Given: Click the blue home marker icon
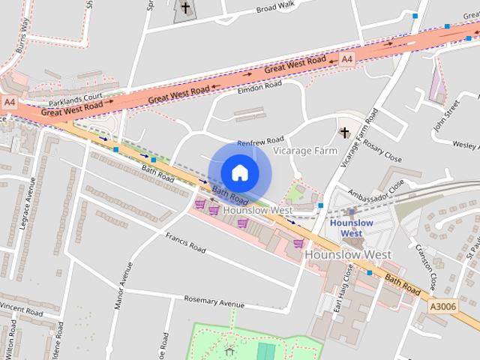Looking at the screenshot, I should coord(239,173).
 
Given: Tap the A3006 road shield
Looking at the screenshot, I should coord(442,305).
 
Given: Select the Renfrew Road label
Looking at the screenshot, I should coord(260,141).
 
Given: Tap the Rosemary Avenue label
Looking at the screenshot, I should coord(215,301).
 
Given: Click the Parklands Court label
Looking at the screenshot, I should coord(75,99).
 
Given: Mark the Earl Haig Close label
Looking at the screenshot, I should coord(342,288).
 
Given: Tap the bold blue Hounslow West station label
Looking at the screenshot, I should coord(351,228).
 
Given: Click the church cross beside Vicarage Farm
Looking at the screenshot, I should coord(345,133).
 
